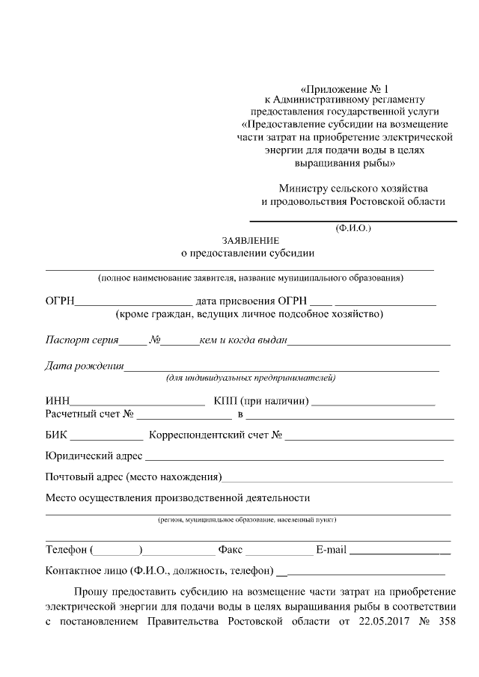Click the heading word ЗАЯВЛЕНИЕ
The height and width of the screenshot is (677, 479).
tap(250, 240)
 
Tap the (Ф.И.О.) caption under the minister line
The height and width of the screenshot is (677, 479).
tap(353, 227)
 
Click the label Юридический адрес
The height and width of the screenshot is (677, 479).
tap(94, 456)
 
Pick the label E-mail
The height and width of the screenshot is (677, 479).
tap(331, 551)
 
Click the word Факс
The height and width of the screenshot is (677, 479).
tap(230, 551)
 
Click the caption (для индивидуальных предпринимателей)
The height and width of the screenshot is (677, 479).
tap(250, 378)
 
